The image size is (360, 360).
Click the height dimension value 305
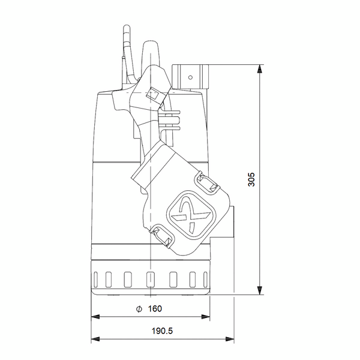(x=251, y=179)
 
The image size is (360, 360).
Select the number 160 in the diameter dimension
(x=154, y=308)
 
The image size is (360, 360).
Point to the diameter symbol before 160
(x=138, y=308)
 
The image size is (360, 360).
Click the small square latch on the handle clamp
(x=152, y=94)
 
